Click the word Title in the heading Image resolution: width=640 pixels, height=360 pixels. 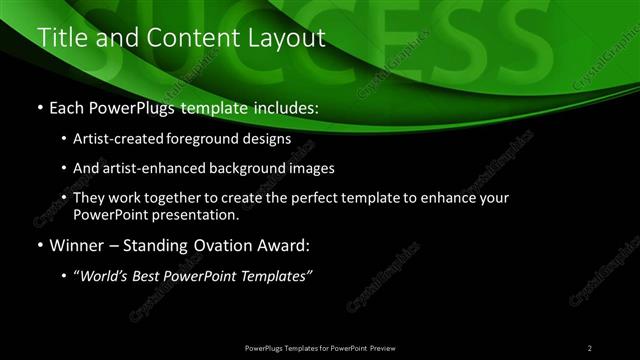(x=59, y=39)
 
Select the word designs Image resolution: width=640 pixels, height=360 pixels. (x=270, y=139)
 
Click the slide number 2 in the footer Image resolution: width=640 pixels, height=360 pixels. (x=590, y=347)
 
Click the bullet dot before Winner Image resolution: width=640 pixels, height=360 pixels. (x=40, y=244)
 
